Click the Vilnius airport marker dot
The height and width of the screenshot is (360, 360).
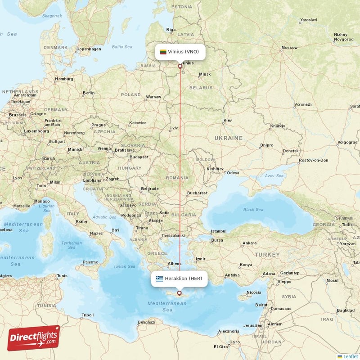click(180, 66)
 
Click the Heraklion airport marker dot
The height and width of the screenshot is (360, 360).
click(180, 293)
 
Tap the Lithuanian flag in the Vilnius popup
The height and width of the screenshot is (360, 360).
click(163, 52)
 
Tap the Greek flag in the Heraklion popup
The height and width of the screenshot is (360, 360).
click(159, 279)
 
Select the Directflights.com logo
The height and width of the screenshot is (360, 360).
click(34, 338)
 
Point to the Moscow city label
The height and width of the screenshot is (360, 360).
click(289, 48)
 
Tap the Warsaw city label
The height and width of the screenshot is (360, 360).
click(153, 97)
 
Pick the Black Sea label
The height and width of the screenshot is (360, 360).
click(253, 210)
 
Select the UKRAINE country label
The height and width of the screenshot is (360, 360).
click(228, 138)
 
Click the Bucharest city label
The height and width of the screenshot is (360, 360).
click(198, 193)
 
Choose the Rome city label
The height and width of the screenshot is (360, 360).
click(81, 221)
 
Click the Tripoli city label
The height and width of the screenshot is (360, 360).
click(87, 315)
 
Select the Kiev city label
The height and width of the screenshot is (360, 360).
click(228, 121)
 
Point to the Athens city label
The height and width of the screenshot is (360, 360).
click(175, 264)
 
